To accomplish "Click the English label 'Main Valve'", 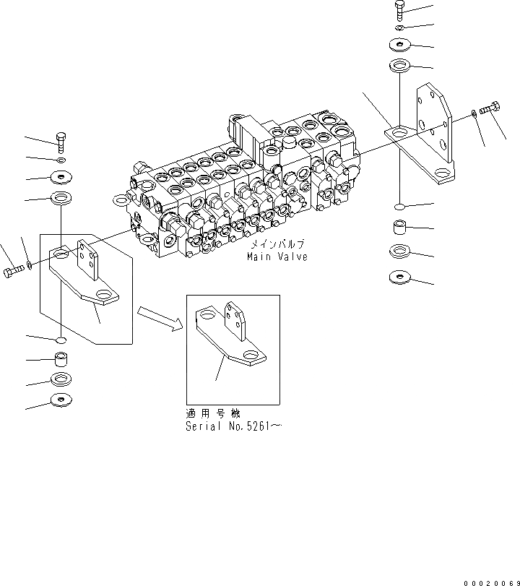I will [277, 257].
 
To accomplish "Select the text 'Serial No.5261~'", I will [233, 426].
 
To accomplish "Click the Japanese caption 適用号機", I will [207, 415].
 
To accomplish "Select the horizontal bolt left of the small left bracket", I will [14, 270].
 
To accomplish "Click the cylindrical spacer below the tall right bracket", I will [399, 230].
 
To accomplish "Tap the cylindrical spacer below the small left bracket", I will [62, 359].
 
